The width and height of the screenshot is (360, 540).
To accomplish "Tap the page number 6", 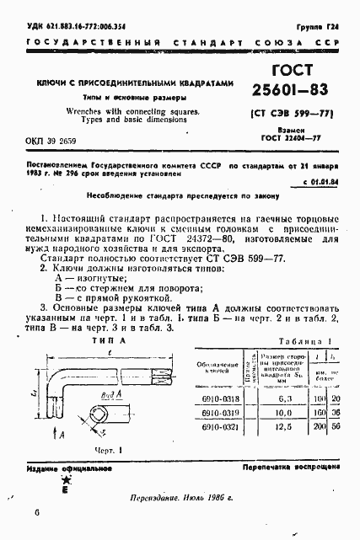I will pos(37,513).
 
